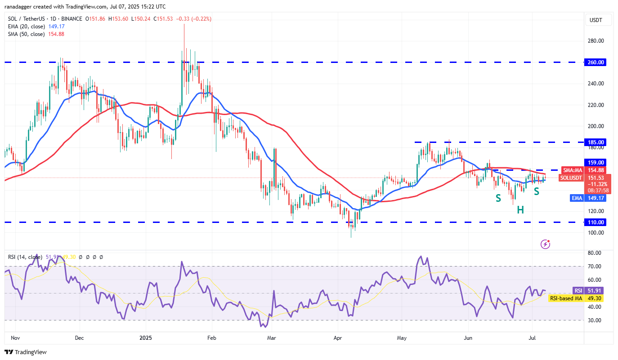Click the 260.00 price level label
(x=596, y=62)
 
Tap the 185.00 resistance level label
(x=596, y=142)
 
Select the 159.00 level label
(x=596, y=162)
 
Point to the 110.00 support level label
(x=596, y=222)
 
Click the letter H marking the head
(x=520, y=210)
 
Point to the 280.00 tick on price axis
(x=596, y=41)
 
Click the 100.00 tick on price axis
(x=596, y=233)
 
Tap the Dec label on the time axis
(x=79, y=337)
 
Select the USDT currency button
(x=596, y=20)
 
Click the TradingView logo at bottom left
(x=26, y=352)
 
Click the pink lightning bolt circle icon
(x=545, y=244)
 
